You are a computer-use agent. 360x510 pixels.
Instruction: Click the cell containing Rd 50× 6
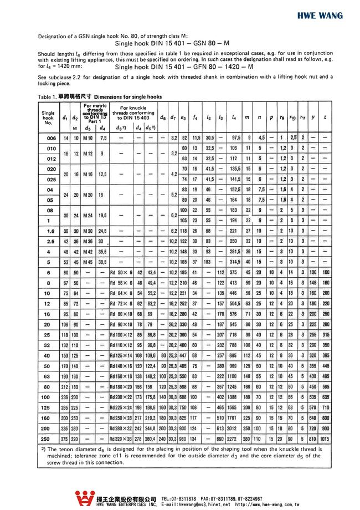click(121, 272)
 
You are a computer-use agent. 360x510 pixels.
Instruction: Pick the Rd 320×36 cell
click(121, 437)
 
